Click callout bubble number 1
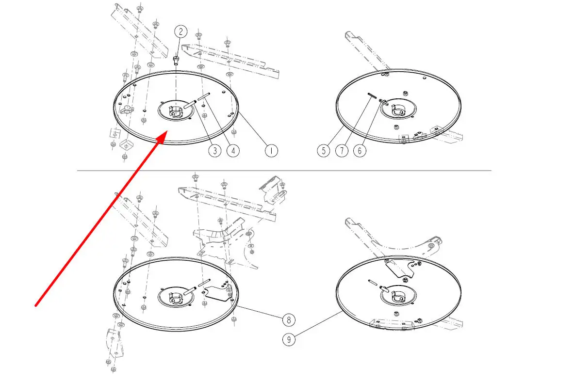tap(271, 151)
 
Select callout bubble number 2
tap(180, 32)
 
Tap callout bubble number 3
tap(215, 151)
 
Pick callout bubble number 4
tap(233, 151)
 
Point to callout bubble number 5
tap(324, 151)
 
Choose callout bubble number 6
tap(360, 151)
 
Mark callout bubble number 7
tap(342, 151)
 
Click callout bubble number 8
tap(289, 320)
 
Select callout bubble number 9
tap(289, 340)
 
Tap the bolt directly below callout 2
tap(176, 60)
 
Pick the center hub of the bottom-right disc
tap(398, 295)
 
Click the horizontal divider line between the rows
tap(284, 171)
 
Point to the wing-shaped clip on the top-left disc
tap(126, 109)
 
